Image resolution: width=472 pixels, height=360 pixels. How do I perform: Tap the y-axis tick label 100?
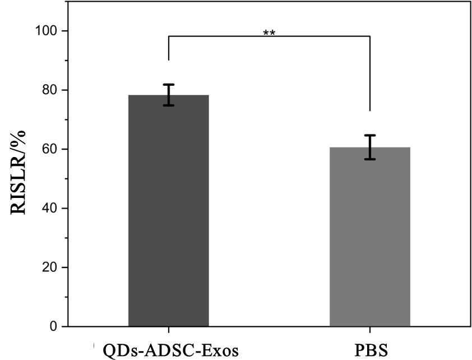[49, 31]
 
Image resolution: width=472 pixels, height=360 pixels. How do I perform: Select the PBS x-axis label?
[370, 351]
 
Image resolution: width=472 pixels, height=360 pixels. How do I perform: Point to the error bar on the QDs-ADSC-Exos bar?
[168, 95]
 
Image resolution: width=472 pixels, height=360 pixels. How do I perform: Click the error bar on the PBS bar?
[369, 147]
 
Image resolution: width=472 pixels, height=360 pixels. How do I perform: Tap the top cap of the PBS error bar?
[369, 135]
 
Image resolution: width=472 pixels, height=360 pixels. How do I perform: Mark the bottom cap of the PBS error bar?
[369, 159]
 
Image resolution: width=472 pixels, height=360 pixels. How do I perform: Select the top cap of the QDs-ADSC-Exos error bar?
[168, 85]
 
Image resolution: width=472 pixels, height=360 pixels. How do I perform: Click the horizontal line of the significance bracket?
[269, 37]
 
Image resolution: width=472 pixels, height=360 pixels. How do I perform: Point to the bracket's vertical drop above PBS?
[369, 73]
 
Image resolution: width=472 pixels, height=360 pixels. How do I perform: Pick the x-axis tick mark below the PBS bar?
[369, 329]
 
